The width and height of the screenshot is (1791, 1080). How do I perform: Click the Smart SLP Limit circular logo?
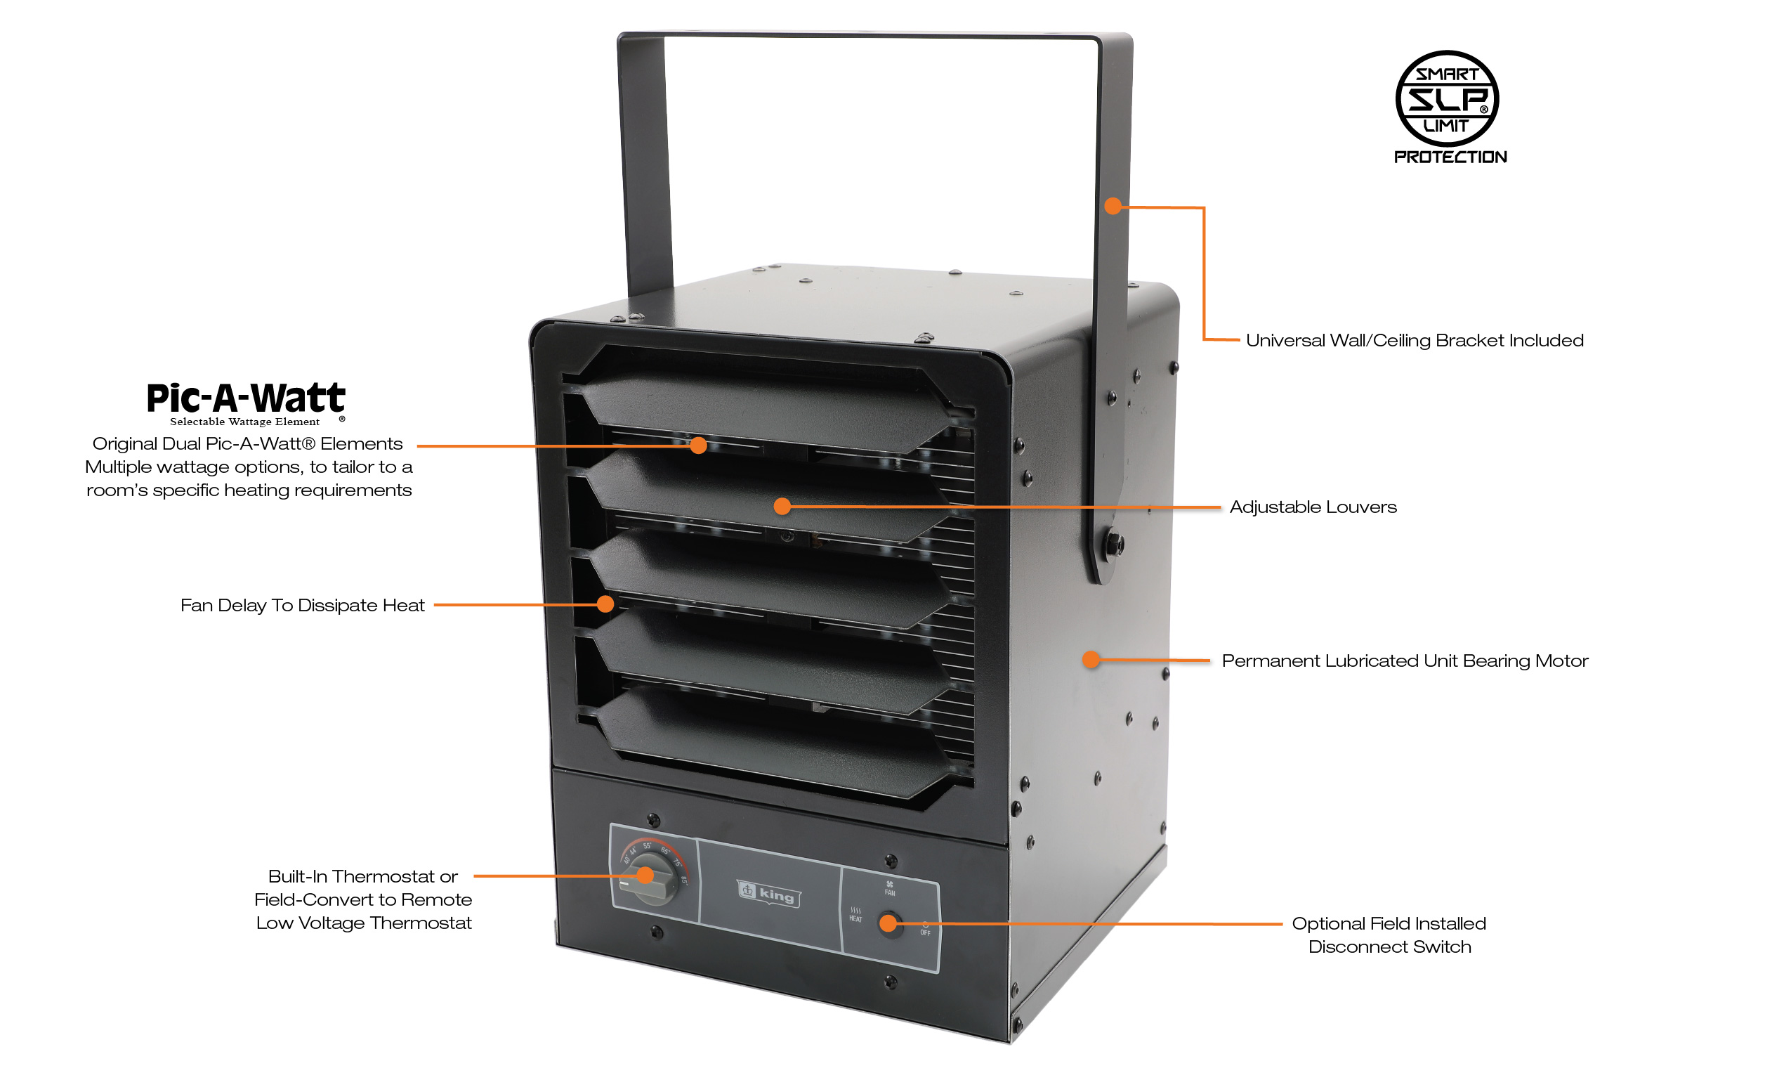(x=1446, y=98)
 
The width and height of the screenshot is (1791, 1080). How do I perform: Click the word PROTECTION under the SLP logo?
(x=1450, y=157)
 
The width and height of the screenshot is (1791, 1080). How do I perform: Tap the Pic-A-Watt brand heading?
(x=246, y=398)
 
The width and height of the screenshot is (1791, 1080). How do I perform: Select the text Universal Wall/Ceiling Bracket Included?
(x=1414, y=340)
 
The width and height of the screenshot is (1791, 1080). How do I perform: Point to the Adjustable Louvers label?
(x=1313, y=507)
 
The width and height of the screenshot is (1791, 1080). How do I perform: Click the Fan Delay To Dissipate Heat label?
(x=301, y=605)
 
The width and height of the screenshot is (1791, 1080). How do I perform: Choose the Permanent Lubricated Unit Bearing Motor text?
(x=1404, y=661)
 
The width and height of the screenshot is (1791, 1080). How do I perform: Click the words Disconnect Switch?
(x=1389, y=947)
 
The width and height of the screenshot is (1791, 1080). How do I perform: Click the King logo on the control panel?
(x=769, y=892)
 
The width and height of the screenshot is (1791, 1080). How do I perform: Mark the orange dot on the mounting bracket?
(x=1112, y=206)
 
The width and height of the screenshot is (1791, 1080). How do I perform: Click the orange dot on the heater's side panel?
(x=1090, y=660)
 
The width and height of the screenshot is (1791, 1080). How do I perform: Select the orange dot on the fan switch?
(x=888, y=923)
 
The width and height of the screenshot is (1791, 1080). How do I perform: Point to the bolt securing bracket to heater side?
(x=1113, y=542)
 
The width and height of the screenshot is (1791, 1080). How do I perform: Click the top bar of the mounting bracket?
(x=872, y=34)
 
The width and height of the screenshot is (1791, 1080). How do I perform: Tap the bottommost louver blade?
(x=770, y=742)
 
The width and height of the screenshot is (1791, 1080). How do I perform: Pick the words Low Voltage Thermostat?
(x=363, y=923)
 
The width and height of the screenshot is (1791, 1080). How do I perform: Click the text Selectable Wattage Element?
(x=244, y=422)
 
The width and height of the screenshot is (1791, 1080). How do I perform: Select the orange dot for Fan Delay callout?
(x=605, y=604)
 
